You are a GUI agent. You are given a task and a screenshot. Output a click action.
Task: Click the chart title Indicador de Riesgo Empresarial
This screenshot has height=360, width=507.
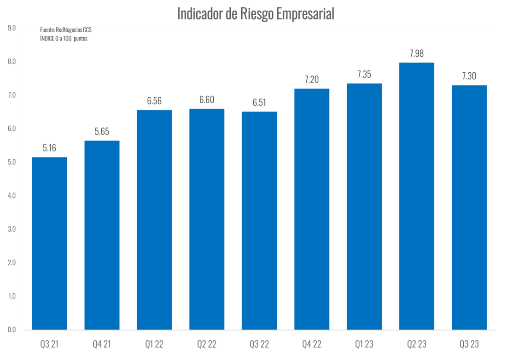256,14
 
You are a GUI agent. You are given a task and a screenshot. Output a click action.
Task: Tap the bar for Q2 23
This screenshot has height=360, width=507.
417,196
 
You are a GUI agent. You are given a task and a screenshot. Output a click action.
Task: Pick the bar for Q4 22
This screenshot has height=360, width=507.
312,209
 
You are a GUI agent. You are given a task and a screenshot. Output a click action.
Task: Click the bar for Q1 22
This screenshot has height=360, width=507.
154,220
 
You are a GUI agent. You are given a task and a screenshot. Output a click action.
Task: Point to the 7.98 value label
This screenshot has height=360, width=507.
417,53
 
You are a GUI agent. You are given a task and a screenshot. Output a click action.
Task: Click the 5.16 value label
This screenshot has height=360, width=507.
49,148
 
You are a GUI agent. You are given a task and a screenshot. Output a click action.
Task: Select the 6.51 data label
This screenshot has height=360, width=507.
259,103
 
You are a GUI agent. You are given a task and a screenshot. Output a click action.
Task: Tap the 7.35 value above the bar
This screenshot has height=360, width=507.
364,75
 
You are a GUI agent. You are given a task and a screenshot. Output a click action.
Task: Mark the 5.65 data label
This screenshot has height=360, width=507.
102,132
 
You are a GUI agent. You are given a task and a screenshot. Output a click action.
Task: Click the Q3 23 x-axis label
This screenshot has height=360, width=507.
469,344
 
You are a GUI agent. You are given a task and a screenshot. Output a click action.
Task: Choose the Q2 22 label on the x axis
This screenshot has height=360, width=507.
207,344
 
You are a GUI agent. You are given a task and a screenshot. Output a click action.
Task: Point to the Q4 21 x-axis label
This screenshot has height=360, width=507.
102,344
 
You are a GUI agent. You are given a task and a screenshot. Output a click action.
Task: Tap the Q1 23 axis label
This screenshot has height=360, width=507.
364,344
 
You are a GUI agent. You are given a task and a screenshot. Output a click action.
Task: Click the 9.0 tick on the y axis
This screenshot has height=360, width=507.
12,28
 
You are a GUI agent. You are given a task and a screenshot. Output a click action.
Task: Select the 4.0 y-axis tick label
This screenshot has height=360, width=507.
12,196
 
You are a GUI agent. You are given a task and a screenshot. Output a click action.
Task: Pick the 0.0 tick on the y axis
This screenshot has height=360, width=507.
12,330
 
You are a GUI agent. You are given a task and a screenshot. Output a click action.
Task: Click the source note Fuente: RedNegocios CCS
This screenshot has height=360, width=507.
66,30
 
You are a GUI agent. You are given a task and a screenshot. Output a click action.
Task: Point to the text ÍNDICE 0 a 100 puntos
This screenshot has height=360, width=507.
64,39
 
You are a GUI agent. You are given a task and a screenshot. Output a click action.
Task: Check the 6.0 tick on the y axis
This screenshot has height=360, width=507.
12,128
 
